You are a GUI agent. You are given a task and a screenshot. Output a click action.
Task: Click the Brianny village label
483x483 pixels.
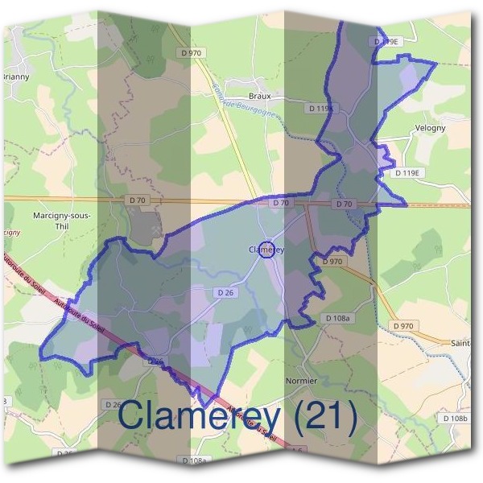tap(16, 77)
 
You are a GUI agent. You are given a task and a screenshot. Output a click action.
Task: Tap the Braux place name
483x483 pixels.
tap(260, 95)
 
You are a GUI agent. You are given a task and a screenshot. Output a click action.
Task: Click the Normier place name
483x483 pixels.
tap(302, 380)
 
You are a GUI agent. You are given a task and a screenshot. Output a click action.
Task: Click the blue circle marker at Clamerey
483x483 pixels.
tap(269, 250)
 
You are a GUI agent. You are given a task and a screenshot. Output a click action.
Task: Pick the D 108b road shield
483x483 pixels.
tap(455, 419)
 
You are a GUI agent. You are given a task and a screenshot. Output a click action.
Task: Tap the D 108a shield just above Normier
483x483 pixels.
tap(339, 319)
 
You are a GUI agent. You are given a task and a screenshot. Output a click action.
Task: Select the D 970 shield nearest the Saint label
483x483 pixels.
tap(403, 325)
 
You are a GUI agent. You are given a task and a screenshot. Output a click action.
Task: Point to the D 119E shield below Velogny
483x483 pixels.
tap(408, 173)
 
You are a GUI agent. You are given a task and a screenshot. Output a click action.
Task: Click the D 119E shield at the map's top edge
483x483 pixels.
tap(386, 39)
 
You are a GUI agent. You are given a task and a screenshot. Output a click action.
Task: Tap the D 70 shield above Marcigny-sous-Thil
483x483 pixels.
tap(138, 199)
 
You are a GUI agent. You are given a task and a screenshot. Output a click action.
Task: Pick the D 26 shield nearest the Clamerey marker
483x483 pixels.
tap(225, 293)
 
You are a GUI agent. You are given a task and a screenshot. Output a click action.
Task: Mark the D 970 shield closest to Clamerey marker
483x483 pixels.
tap(332, 262)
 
